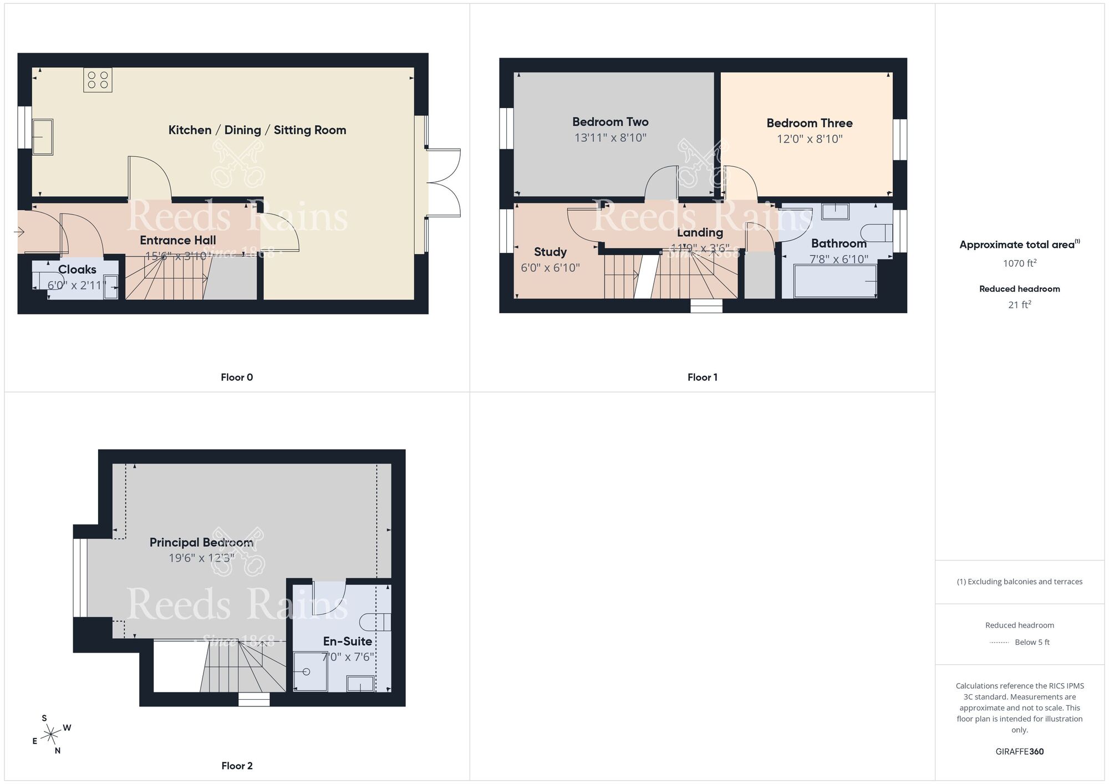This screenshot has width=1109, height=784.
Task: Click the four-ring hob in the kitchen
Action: click(x=98, y=80)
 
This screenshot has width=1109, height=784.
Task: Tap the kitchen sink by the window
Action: click(x=43, y=136)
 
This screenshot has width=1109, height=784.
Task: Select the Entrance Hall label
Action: click(x=177, y=240)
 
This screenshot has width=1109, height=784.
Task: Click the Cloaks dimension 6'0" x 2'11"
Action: click(x=77, y=286)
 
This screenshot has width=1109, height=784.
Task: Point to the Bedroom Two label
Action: click(x=610, y=122)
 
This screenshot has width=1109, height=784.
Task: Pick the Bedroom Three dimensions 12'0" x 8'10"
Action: click(x=809, y=139)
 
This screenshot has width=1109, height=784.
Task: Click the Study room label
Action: click(x=550, y=252)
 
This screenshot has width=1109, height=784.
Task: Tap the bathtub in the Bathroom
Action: click(x=835, y=282)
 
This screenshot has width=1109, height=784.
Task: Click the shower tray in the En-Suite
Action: click(x=310, y=671)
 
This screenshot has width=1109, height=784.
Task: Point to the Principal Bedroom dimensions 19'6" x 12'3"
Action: click(x=201, y=558)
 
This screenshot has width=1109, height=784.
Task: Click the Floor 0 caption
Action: click(x=237, y=377)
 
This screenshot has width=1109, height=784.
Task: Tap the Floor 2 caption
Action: click(x=237, y=766)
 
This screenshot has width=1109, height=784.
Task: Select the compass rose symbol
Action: click(x=51, y=735)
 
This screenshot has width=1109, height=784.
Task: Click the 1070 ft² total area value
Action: click(x=1019, y=263)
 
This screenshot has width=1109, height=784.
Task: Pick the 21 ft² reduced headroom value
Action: click(x=1019, y=304)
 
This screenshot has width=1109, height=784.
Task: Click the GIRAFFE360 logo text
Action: click(x=1019, y=752)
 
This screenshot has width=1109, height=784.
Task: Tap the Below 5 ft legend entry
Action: click(x=1031, y=642)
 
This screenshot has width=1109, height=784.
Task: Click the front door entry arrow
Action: click(x=21, y=232)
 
